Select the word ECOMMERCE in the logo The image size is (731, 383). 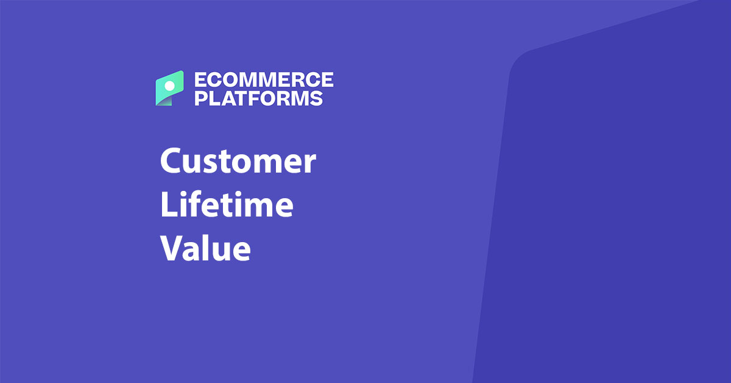(263, 80)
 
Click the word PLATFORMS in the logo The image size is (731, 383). (258, 98)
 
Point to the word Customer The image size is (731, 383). (238, 163)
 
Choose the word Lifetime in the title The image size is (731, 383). (227, 206)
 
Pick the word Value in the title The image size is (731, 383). (205, 248)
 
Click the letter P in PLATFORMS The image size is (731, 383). (200, 98)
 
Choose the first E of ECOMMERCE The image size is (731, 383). (200, 80)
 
